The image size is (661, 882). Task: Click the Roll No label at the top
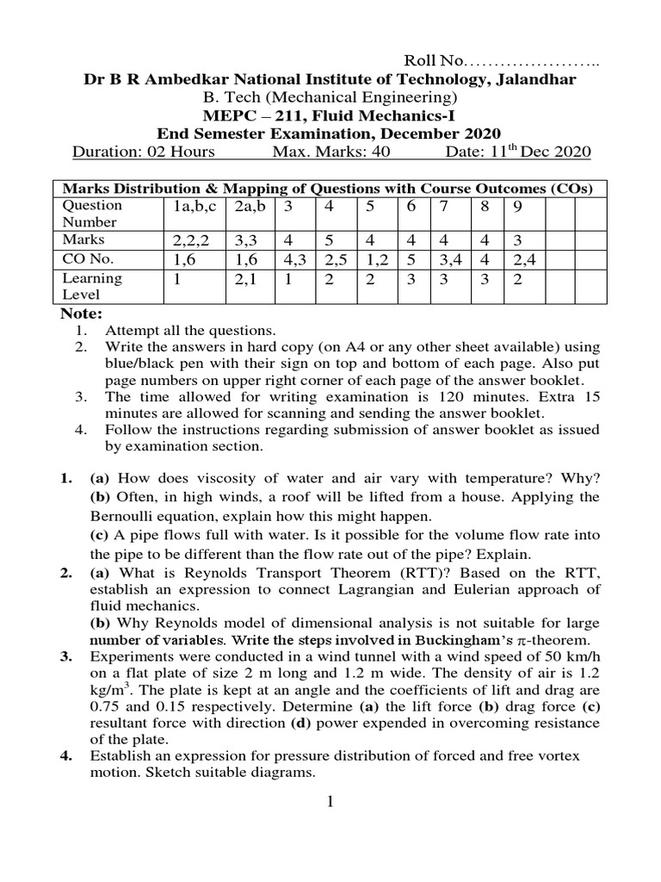(434, 61)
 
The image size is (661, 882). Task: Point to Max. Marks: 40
(330, 152)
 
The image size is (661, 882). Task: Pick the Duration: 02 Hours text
(144, 152)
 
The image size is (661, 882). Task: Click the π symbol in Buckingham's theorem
(524, 641)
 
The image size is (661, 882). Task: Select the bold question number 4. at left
(66, 755)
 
